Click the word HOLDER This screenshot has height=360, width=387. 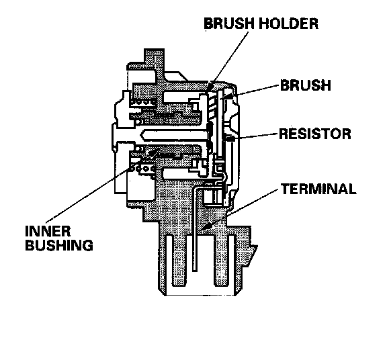coord(288,24)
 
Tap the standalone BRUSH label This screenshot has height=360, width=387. coord(306,85)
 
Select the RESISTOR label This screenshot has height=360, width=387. coord(315,134)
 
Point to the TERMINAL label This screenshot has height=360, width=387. coord(318,189)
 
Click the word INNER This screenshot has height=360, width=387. coord(48,231)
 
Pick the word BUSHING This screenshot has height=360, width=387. coord(59,245)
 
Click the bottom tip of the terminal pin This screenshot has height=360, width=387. coord(195,271)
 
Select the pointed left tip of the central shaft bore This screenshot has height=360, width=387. coord(140,135)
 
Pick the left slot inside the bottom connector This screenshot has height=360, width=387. coord(169,261)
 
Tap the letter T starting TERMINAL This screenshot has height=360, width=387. coord(286,189)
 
